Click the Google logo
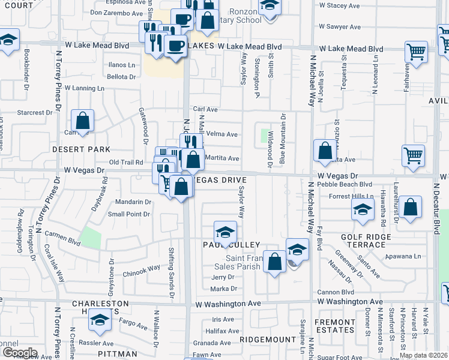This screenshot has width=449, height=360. [20, 353]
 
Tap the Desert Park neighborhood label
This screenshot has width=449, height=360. [80, 149]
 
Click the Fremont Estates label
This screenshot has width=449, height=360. [335, 326]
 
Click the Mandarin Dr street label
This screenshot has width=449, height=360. [129, 202]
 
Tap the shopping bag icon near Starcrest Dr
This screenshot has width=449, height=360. [83, 121]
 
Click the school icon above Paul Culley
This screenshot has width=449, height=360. [225, 232]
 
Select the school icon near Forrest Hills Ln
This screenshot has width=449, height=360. [362, 209]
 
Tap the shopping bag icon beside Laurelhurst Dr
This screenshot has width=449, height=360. [410, 208]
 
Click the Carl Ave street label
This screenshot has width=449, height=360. [205, 110]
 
